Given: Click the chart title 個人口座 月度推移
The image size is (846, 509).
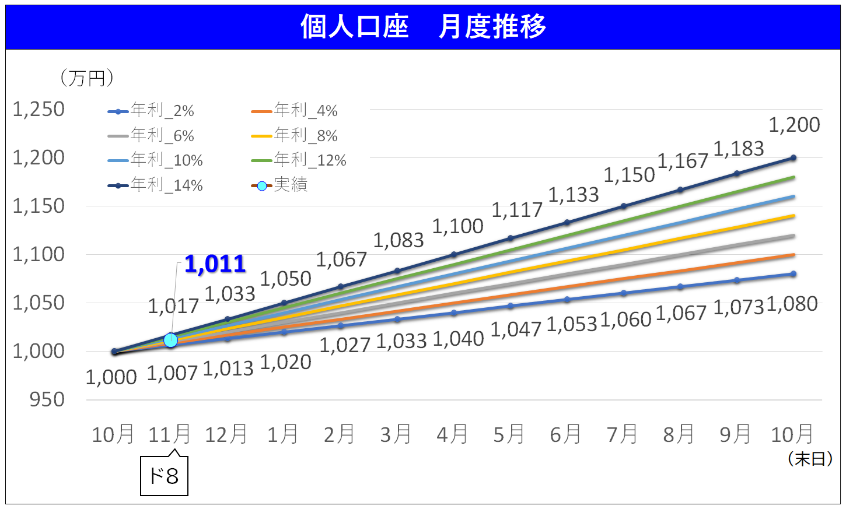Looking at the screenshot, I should click(x=423, y=27).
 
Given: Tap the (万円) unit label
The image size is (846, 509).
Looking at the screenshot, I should click(x=87, y=78).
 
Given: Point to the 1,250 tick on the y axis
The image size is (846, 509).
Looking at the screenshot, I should click(x=39, y=109).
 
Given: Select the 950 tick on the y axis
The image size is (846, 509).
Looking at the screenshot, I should click(x=47, y=399).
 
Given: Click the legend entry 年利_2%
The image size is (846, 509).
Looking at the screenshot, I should click(x=151, y=110).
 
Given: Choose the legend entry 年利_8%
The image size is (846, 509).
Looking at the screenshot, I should click(x=295, y=135).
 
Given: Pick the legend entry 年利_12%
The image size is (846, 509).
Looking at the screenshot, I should click(x=299, y=160).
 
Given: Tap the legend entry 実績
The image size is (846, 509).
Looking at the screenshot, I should click(x=280, y=185).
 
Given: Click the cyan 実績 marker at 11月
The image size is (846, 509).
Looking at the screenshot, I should click(x=170, y=340).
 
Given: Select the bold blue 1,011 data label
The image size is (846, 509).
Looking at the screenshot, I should click(x=215, y=264).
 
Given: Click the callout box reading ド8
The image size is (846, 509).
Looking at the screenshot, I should click(x=164, y=476).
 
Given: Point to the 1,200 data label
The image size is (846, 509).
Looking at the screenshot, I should click(x=794, y=125).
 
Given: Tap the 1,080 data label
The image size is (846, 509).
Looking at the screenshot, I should click(x=792, y=304).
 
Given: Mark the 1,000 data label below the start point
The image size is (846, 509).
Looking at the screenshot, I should click(x=111, y=377).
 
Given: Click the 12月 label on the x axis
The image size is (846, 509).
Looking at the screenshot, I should click(x=226, y=434).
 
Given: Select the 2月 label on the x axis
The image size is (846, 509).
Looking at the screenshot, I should click(x=339, y=434).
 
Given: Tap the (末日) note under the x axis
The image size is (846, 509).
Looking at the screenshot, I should click(x=810, y=459).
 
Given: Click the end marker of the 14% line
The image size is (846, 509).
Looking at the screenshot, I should click(x=793, y=158).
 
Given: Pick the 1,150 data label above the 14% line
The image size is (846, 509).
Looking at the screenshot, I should click(x=629, y=175).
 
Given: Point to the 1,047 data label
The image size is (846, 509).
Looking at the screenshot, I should click(x=516, y=329).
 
